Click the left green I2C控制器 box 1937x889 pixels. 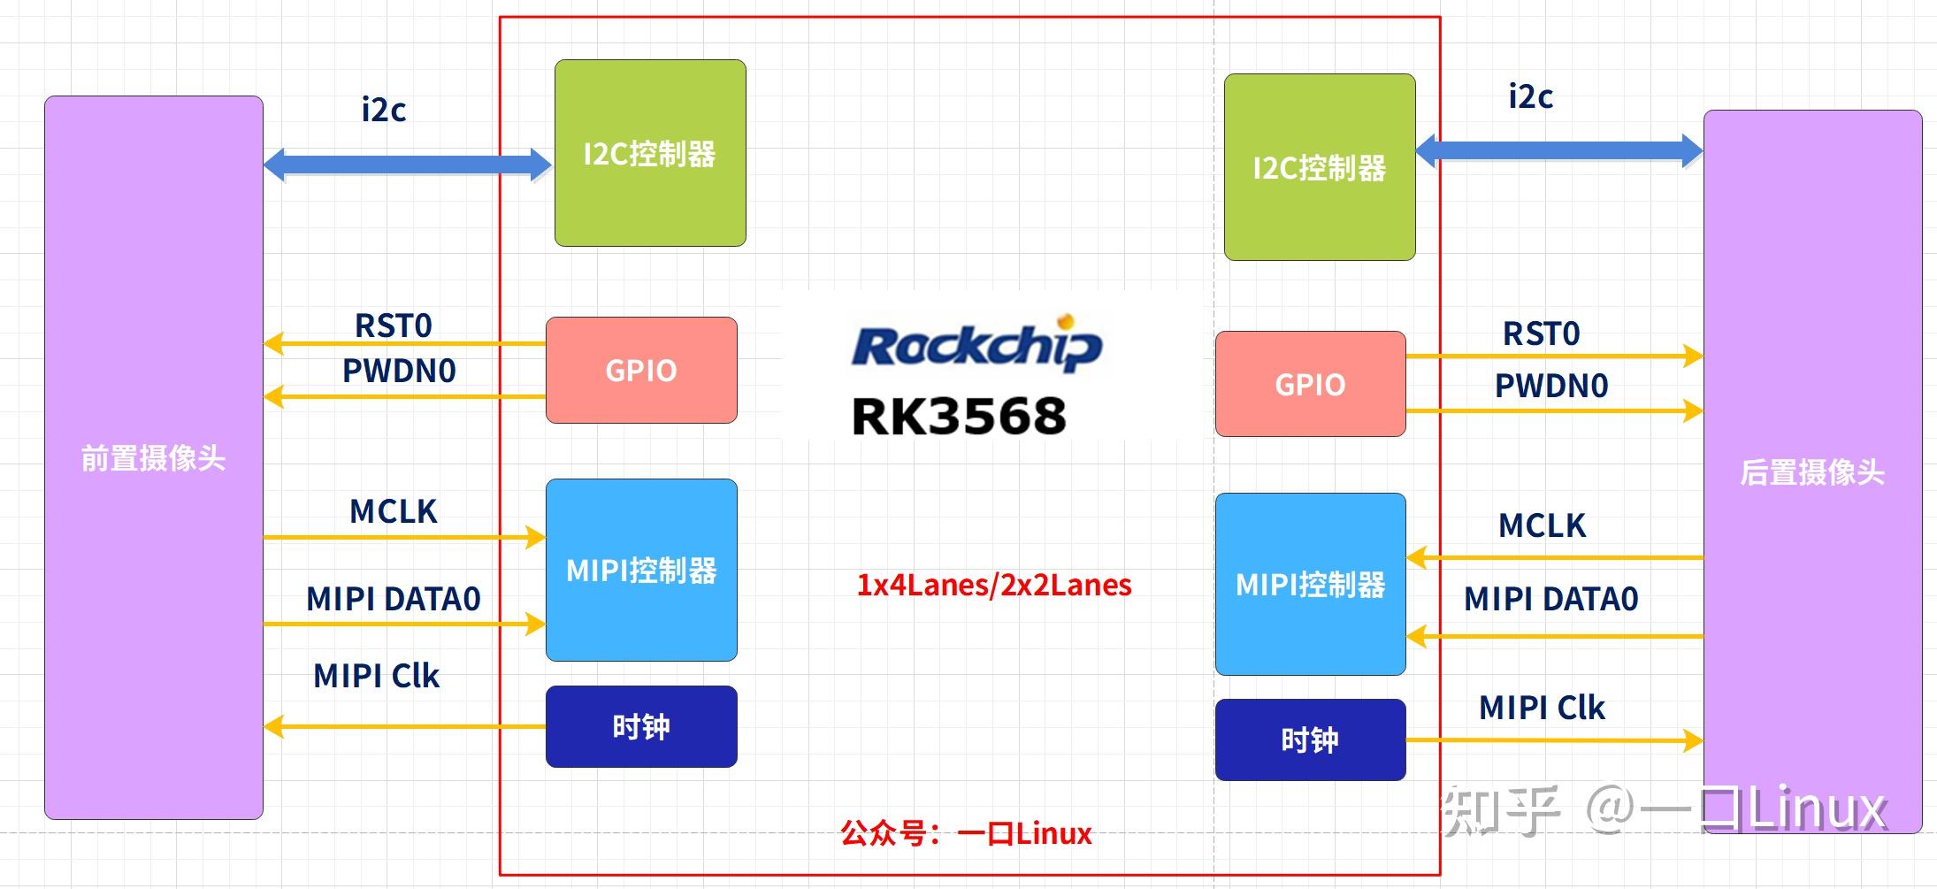650,153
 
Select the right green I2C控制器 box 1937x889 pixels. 1320,167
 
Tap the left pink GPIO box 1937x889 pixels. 641,370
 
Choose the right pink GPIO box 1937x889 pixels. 1310,384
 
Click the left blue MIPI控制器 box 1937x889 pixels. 641,570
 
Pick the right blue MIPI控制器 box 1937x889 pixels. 1310,584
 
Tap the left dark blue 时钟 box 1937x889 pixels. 641,726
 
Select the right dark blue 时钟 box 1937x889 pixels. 1310,740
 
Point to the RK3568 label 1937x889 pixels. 959,416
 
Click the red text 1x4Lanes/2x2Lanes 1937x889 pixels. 993,585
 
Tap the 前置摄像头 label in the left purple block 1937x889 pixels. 153,458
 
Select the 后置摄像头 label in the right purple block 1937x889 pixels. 1812,471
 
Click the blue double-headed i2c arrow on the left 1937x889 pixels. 408,165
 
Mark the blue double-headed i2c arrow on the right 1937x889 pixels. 1558,150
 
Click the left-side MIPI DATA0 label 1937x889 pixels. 394,599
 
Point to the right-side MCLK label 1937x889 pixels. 1542,525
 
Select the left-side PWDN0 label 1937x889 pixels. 399,371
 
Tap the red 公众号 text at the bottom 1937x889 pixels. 966,833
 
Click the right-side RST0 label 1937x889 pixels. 1541,333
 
